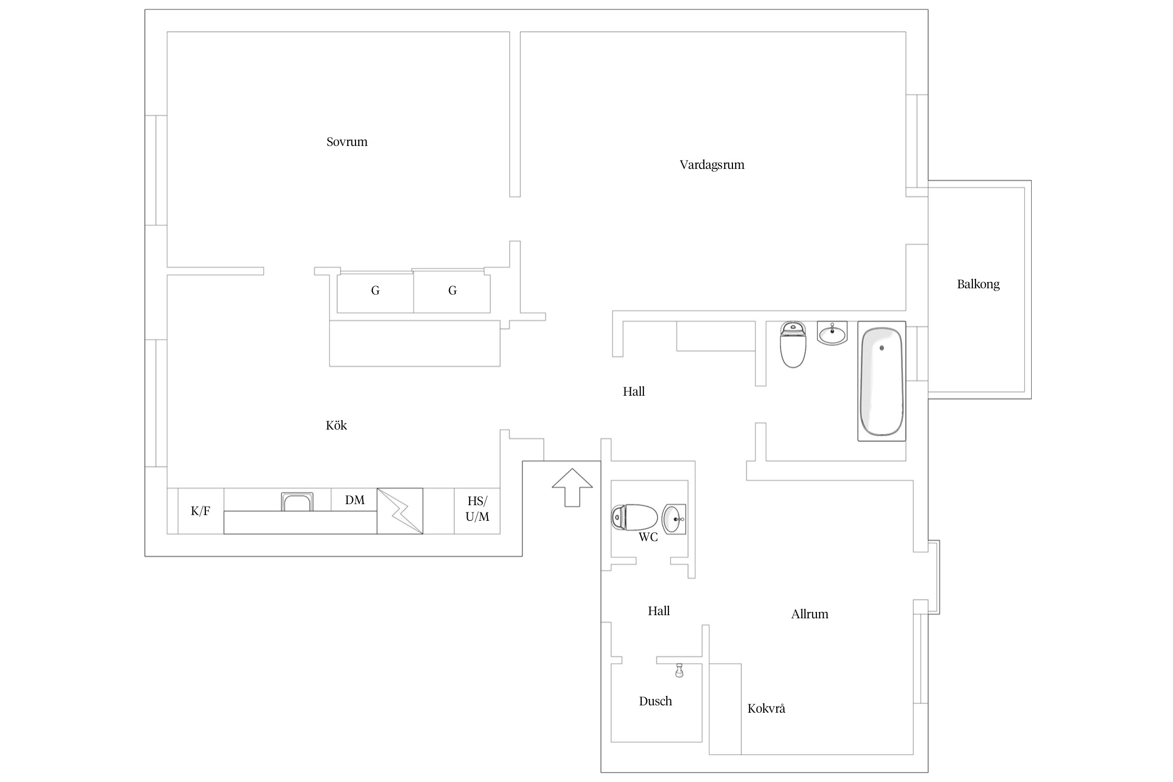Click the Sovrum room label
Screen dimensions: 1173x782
(x=347, y=142)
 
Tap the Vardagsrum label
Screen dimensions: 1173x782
(x=712, y=165)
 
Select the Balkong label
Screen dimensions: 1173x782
(x=978, y=285)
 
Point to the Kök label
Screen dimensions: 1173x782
(x=336, y=425)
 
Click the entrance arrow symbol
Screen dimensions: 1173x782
(x=572, y=487)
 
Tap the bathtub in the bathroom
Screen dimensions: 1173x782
(x=882, y=381)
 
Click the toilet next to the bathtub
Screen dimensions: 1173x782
(x=793, y=344)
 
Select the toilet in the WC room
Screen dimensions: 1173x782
(x=634, y=517)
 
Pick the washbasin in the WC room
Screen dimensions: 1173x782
(x=674, y=519)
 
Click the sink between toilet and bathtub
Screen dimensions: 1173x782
(x=832, y=333)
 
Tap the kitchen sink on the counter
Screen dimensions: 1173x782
(x=297, y=502)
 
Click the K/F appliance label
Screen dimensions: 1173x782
(x=200, y=511)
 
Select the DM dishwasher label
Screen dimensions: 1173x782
(x=355, y=500)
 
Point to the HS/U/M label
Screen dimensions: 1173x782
(x=477, y=509)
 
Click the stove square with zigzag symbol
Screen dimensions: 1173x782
(x=400, y=511)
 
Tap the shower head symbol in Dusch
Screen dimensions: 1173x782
(x=679, y=670)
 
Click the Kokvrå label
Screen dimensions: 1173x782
(x=766, y=708)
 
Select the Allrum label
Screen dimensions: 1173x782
(x=810, y=614)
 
